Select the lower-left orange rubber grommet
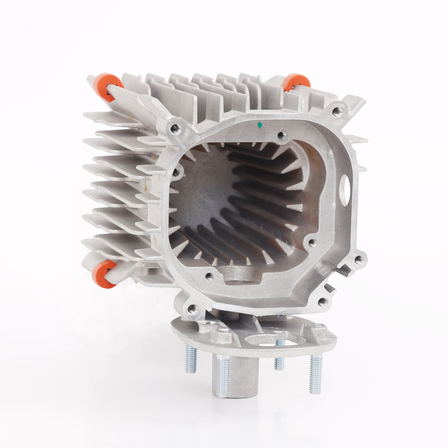104,273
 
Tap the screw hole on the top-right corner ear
337,110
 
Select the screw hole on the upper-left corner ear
175,129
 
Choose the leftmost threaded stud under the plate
191,358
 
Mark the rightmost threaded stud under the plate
315,374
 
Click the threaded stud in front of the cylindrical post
222,376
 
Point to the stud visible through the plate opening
280,354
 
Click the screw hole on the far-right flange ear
359,259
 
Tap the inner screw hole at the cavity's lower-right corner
312,243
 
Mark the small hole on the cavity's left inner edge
176,172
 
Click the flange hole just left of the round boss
209,276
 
